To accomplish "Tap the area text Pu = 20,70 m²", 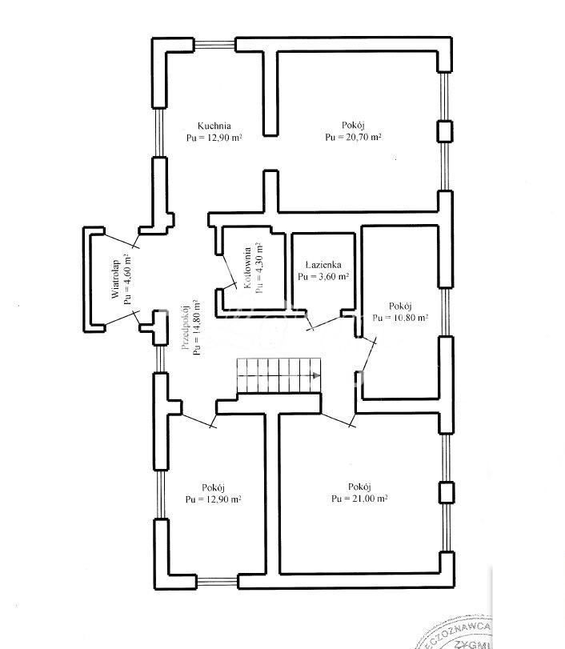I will point(353,138).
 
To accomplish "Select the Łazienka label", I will point(324,264).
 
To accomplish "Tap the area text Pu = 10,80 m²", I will point(400,318).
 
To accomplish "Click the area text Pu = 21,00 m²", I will point(359,499).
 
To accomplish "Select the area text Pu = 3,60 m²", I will point(323,277).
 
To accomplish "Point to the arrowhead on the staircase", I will point(318,375).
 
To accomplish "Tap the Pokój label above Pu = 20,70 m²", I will point(353,125).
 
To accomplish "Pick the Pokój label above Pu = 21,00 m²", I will point(359,486).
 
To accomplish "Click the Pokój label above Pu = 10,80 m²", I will point(400,306).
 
